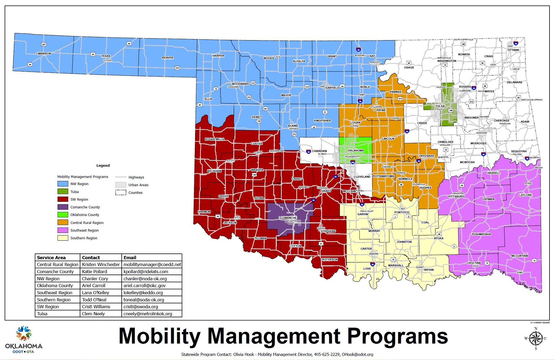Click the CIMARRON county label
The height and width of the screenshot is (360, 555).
(43, 54)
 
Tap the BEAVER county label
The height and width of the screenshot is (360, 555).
(168, 58)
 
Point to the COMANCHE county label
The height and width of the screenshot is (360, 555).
(288, 218)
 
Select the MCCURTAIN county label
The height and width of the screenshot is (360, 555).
(519, 256)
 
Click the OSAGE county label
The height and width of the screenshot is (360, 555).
(409, 68)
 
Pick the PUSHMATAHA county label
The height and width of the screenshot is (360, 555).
(481, 234)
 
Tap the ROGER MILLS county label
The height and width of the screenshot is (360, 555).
(214, 139)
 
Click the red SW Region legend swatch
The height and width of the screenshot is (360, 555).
(63, 199)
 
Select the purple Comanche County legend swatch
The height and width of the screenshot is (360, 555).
(63, 207)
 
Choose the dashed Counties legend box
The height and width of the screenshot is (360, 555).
(121, 193)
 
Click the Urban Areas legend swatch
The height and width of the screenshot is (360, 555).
(121, 185)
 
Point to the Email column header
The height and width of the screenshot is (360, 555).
(130, 258)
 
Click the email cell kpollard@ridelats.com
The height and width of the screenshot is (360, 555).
(146, 272)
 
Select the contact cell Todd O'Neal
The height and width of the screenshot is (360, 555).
(94, 300)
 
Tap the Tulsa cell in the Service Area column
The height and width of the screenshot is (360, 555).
(42, 314)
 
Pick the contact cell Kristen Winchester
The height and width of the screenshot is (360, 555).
(101, 264)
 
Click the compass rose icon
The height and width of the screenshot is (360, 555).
(536, 339)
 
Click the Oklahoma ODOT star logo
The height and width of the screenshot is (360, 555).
(24, 333)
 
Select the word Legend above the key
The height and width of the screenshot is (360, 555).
(103, 165)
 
